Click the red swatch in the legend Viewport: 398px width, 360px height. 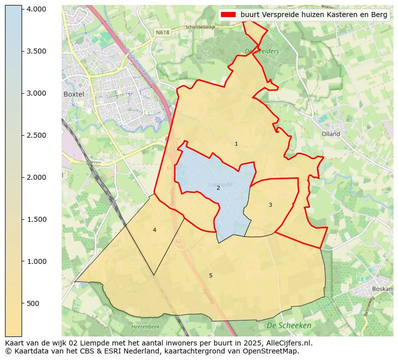click(228, 15)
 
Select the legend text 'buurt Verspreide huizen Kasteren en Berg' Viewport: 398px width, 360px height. click(314, 15)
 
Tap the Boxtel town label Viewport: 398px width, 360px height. click(73, 94)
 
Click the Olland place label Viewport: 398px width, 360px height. click(331, 134)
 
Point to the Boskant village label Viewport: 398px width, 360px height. click(383, 289)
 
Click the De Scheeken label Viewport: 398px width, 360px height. click(289, 325)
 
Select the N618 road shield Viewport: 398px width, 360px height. click(162, 32)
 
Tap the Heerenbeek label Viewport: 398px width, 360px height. click(145, 326)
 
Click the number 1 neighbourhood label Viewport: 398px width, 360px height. click(236, 144)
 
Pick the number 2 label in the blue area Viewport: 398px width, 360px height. click(218, 188)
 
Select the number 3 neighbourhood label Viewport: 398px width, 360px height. click(270, 205)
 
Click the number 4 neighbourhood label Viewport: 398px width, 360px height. click(154, 230)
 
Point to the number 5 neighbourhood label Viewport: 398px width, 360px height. click(211, 275)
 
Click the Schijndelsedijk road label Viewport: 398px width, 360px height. click(200, 28)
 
